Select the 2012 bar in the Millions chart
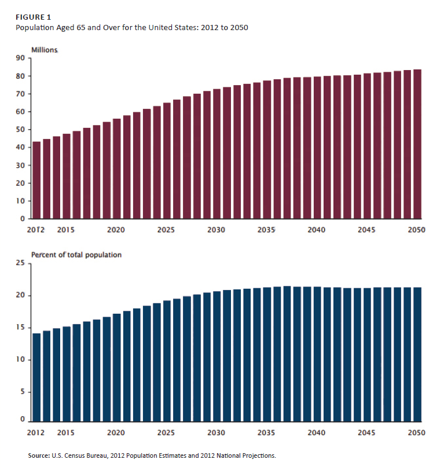tap(36, 180)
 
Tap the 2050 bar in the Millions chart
tap(417, 144)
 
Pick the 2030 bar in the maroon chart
tap(217, 154)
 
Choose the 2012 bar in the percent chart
tap(36, 377)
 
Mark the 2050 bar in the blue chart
tap(417, 354)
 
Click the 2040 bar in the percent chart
tap(317, 354)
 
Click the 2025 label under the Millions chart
tap(166, 230)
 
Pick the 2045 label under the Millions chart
tap(366, 230)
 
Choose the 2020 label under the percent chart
tap(116, 432)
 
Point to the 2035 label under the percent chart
tap(266, 432)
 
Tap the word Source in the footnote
tap(39, 456)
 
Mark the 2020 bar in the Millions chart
tap(116, 168)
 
